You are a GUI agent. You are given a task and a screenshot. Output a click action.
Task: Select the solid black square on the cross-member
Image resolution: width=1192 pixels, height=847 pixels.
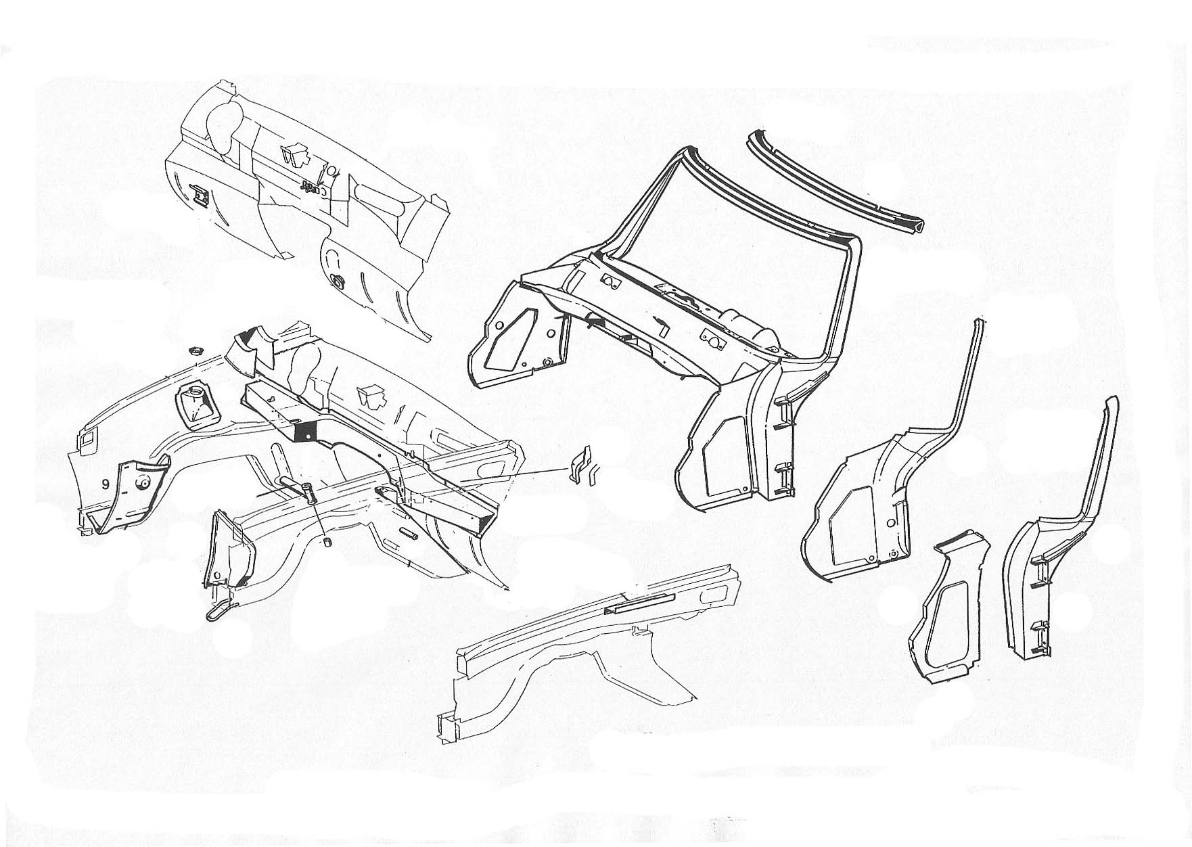click(308, 431)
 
